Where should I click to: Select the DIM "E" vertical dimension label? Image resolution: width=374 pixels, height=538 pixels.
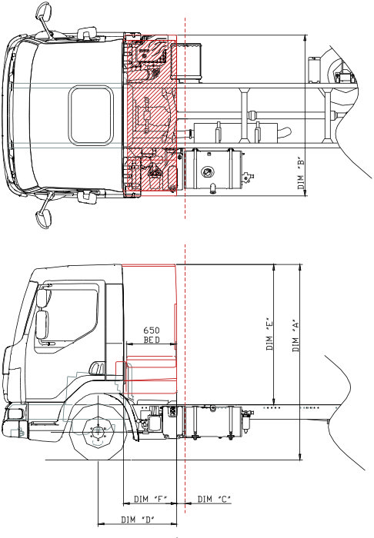[269, 335]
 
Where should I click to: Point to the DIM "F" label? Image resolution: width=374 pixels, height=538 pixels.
[151, 500]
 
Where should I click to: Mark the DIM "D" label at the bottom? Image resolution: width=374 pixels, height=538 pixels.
[139, 520]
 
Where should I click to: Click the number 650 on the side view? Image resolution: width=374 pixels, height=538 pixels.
[151, 330]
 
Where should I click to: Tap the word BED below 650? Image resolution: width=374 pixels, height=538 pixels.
[151, 339]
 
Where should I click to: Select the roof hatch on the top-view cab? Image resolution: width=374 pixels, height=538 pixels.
[91, 115]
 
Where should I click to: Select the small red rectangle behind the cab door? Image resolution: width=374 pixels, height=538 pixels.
[120, 370]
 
